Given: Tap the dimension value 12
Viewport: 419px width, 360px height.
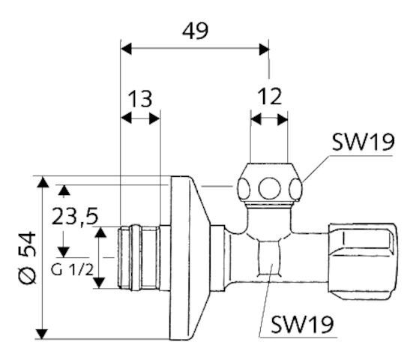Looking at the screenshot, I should click(x=269, y=97).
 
